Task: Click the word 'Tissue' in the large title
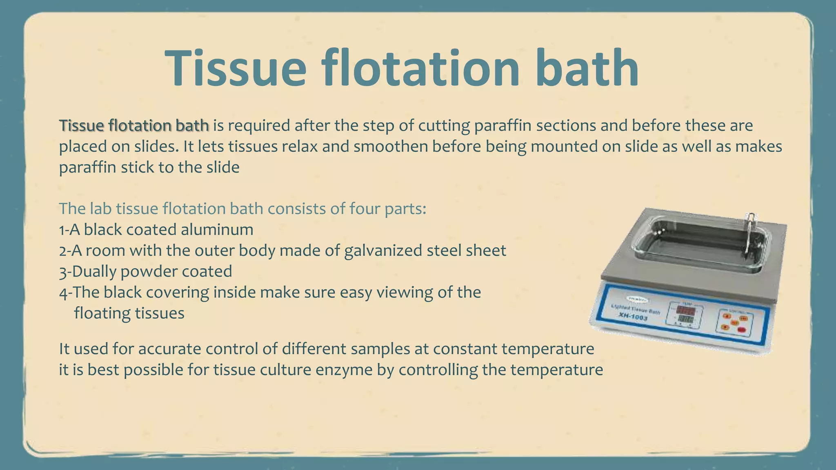[x=236, y=68]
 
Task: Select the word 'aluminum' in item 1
[x=217, y=230]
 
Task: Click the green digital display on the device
[x=685, y=319]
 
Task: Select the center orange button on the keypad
[x=734, y=322]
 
